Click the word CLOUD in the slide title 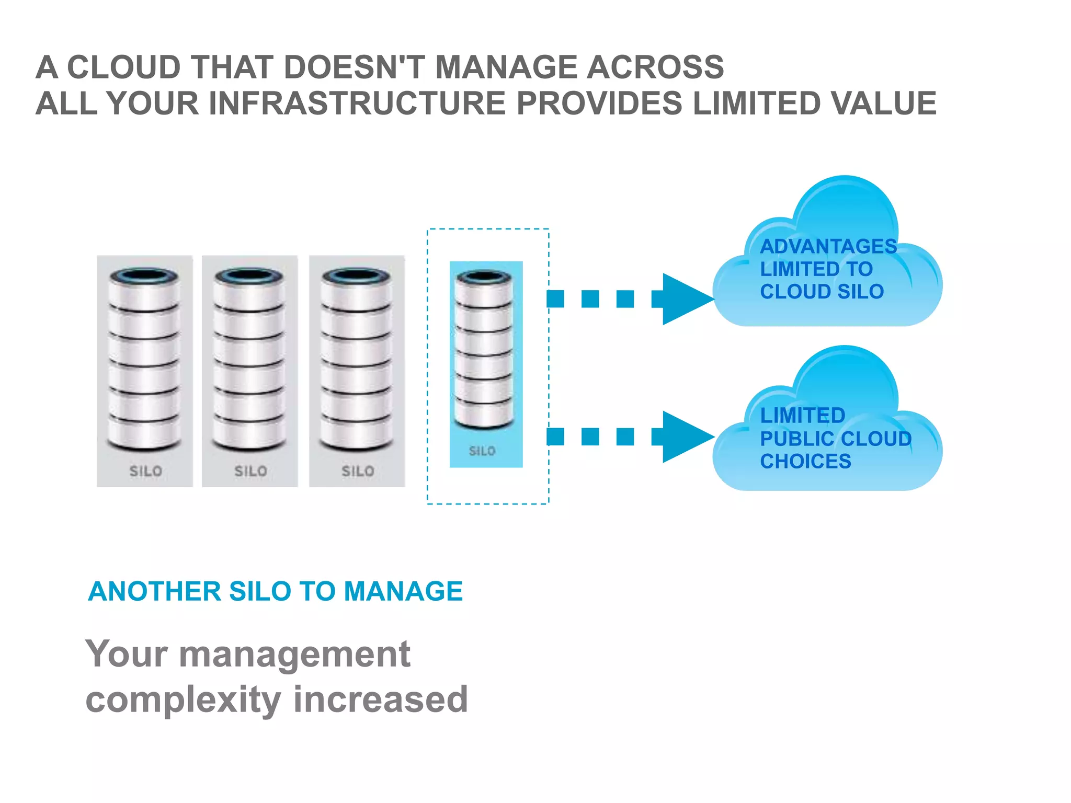tap(124, 67)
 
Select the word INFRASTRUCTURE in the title tap(357, 103)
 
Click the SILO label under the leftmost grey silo tap(145, 471)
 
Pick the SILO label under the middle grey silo tap(250, 471)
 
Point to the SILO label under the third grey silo tap(358, 471)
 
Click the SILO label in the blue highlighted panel tap(482, 451)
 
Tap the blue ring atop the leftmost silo tap(144, 276)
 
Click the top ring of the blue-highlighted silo tap(484, 277)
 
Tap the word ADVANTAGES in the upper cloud tap(828, 246)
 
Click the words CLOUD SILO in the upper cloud tap(822, 292)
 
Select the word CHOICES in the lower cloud tap(805, 461)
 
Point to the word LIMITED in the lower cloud tap(802, 416)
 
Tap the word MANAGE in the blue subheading tap(403, 591)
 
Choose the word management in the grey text tap(294, 654)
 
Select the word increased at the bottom tap(380, 699)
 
